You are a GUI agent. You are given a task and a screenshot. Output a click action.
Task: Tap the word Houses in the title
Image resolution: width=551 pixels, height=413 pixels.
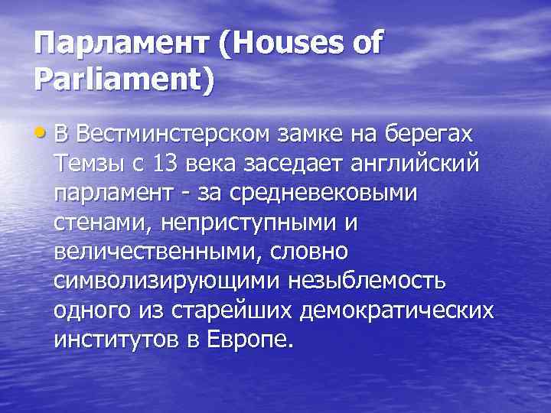(x=280, y=45)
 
